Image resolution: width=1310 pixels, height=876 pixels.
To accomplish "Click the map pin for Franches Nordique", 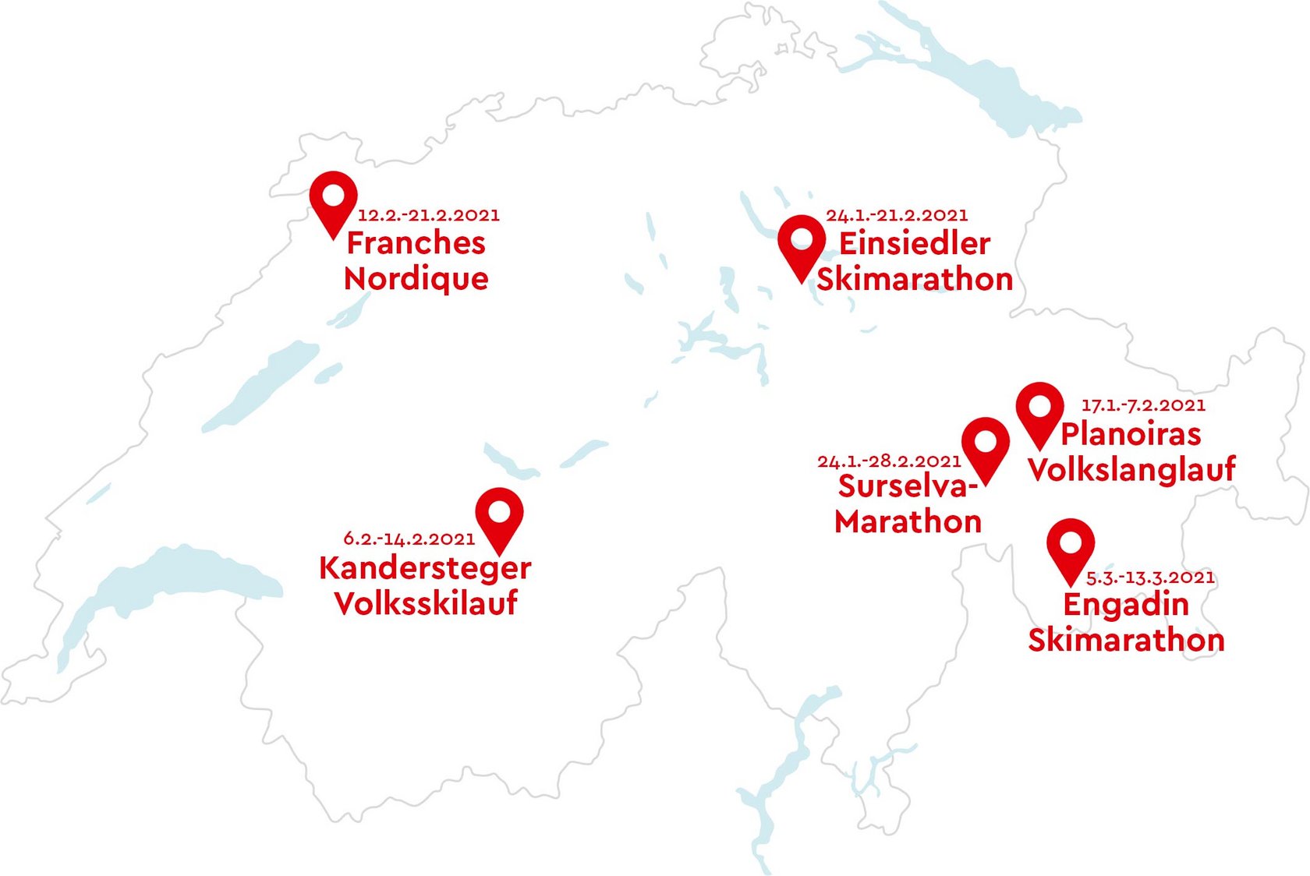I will [x=333, y=198].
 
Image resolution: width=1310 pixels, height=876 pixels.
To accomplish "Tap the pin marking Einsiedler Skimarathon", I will [x=802, y=242].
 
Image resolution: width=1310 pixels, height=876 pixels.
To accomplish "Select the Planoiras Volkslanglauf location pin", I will [x=1039, y=409].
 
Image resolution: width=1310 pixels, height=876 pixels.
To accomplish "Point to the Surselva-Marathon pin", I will [x=986, y=445].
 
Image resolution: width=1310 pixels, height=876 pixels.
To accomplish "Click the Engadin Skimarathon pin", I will [x=1070, y=546].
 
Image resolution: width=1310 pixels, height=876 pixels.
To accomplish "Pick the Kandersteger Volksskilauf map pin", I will [x=499, y=515].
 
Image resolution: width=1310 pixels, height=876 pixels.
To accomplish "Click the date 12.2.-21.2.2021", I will [x=428, y=215].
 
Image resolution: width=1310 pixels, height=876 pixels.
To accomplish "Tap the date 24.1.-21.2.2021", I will [x=897, y=215].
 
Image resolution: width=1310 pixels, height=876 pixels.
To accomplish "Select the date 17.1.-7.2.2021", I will [x=1143, y=405].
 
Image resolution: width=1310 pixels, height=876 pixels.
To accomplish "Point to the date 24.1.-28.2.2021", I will [x=889, y=461].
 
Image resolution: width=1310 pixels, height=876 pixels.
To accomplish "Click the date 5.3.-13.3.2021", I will [x=1150, y=578].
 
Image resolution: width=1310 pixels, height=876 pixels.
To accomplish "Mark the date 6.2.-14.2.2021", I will [x=409, y=539].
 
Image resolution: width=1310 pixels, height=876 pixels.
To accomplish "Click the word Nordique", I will [x=416, y=279].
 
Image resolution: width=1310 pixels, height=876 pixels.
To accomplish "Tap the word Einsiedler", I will [x=914, y=244].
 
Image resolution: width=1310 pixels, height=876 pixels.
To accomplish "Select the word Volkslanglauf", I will [x=1131, y=469].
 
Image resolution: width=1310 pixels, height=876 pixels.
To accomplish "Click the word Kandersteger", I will [x=425, y=568].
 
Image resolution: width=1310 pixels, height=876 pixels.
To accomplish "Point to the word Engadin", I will [x=1126, y=605].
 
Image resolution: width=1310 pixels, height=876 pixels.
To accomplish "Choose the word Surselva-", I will [x=908, y=486].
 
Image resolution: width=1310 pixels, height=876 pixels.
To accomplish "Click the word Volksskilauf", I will [x=426, y=603].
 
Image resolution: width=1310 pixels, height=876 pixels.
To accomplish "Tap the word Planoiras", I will [x=1131, y=434].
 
